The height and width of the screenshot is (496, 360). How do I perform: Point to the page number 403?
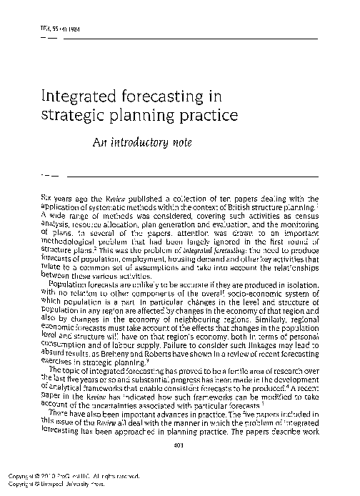[179, 446]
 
